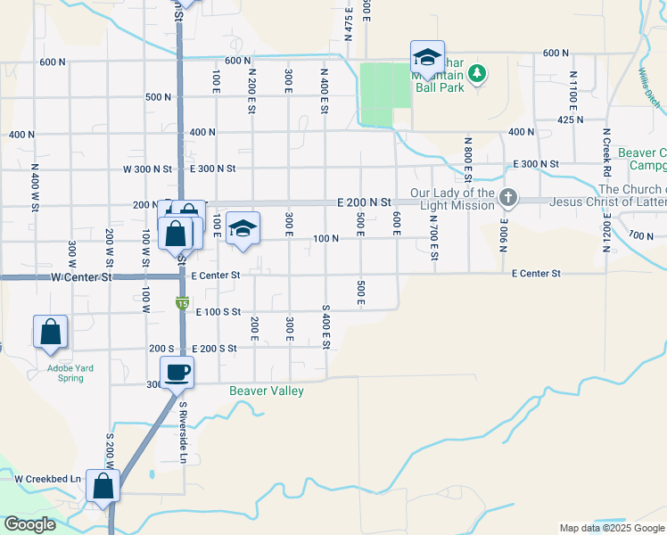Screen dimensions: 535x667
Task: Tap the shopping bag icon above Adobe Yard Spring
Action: (x=51, y=332)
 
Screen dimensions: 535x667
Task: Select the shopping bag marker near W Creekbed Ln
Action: (x=103, y=486)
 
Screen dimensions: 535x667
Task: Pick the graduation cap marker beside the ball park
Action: (x=427, y=59)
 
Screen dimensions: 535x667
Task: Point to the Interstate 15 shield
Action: (x=181, y=304)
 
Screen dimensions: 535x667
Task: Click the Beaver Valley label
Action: (x=267, y=391)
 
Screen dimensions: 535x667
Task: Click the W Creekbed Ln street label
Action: (x=47, y=479)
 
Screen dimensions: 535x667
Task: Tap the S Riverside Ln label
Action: (x=183, y=432)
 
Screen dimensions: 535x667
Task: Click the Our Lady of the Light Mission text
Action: (x=452, y=199)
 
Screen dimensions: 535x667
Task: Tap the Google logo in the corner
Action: (x=29, y=524)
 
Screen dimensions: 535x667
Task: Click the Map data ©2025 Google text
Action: (x=612, y=528)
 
